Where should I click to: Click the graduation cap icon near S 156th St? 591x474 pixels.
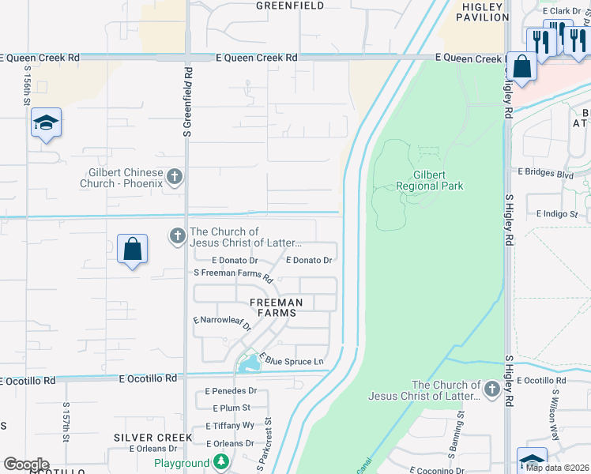click(x=46, y=122)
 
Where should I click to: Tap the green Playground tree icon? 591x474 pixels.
click(x=224, y=462)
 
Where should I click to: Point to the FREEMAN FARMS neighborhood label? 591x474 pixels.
click(x=276, y=307)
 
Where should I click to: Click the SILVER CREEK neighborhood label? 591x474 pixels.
click(x=152, y=437)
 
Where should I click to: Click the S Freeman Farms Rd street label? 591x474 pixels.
click(x=233, y=275)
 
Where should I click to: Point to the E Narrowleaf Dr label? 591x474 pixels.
click(x=221, y=322)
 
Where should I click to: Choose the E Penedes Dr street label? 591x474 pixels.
click(x=231, y=391)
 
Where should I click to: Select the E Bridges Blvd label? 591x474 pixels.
click(x=545, y=171)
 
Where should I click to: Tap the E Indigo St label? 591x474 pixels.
click(x=557, y=214)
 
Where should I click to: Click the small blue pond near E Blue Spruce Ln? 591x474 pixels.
click(x=250, y=364)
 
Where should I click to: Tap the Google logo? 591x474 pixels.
click(x=26, y=465)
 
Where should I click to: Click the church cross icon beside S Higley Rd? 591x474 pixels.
click(x=491, y=389)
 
